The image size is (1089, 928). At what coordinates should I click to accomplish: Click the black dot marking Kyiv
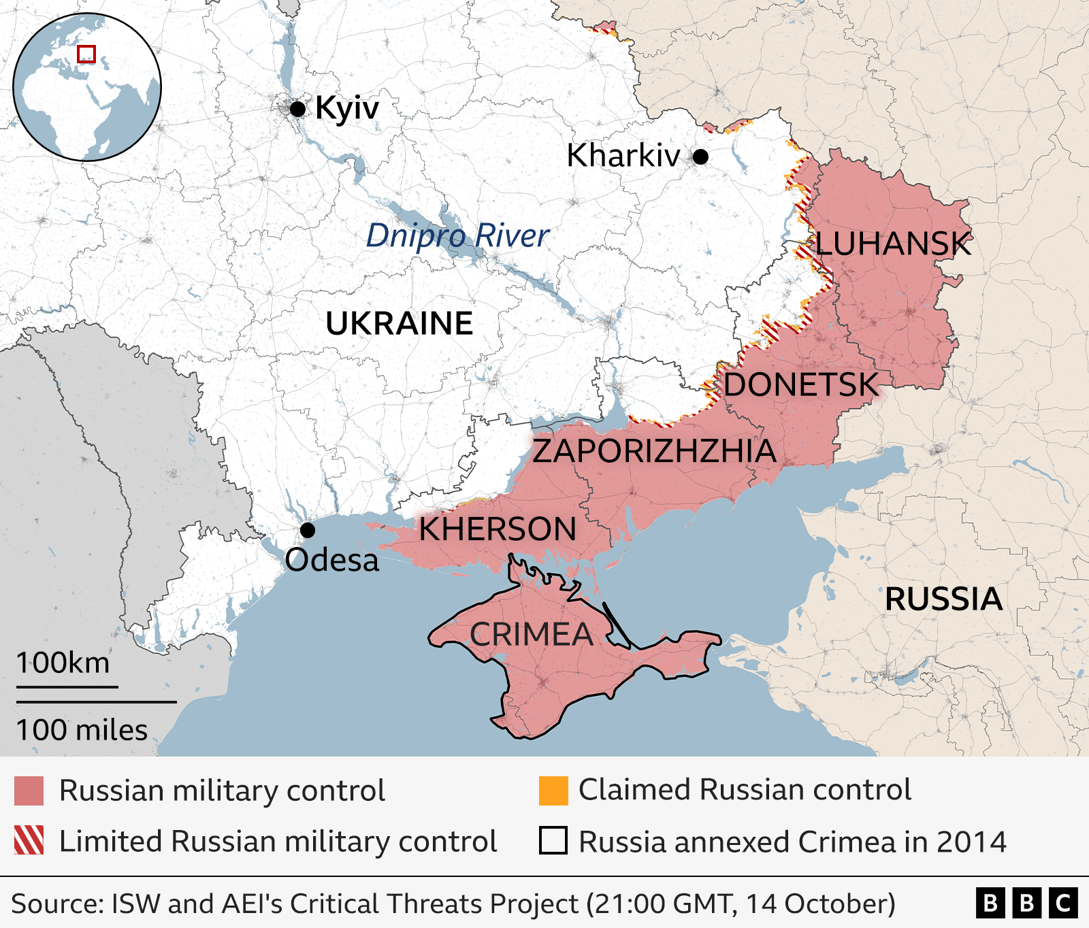(297, 109)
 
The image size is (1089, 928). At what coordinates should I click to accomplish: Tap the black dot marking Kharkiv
(700, 157)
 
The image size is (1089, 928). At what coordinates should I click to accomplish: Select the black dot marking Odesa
(308, 530)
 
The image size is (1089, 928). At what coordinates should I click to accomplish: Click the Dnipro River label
(457, 236)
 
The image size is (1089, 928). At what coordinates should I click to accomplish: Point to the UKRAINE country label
(399, 323)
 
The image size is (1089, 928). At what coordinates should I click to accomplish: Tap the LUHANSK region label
(893, 244)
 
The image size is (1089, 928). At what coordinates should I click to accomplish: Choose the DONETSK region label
(800, 385)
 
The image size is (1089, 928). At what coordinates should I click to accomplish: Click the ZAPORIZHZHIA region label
(653, 451)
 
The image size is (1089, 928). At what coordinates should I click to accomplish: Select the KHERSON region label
(498, 529)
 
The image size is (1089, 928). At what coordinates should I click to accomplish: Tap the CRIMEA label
(532, 635)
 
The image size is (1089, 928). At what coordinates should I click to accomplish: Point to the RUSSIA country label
(943, 599)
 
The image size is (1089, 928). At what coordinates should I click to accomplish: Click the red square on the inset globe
(86, 54)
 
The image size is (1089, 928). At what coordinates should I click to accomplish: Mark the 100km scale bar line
(67, 686)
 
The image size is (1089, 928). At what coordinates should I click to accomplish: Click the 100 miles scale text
(82, 730)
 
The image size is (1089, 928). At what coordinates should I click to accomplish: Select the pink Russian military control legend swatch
(29, 791)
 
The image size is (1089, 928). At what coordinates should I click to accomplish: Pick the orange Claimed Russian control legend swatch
(553, 791)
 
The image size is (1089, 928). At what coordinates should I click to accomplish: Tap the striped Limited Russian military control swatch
(29, 840)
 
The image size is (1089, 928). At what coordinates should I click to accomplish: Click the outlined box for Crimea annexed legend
(553, 840)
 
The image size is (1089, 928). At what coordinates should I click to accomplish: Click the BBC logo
(1026, 904)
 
